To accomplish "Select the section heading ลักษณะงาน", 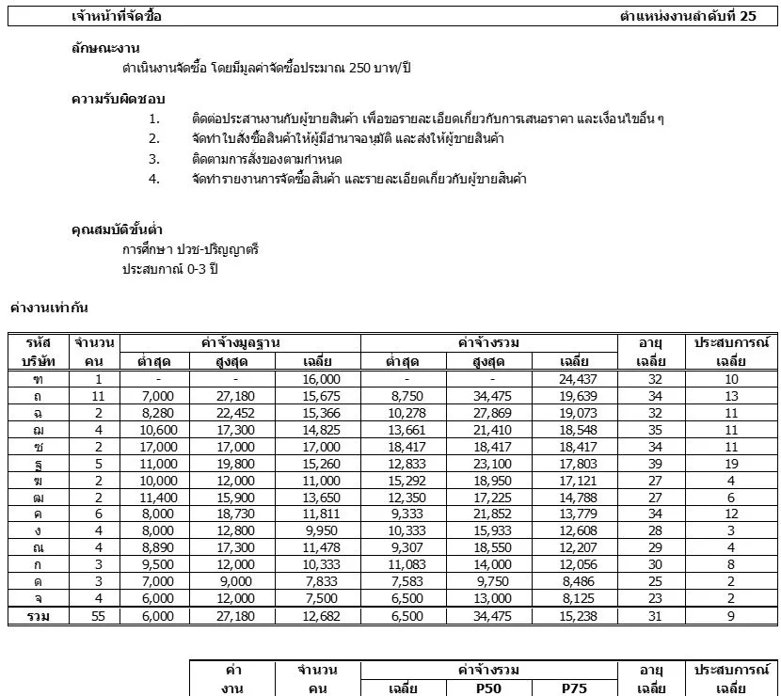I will (106, 48).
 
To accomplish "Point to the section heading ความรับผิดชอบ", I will (119, 99).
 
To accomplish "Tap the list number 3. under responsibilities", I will (154, 159).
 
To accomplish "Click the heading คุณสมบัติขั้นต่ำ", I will (117, 230).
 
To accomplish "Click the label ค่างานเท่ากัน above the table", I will (49, 308).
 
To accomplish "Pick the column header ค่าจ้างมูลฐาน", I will (241, 343).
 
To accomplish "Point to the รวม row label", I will (39, 616).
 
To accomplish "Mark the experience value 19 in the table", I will (731, 464).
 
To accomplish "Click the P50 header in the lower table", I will (493, 688).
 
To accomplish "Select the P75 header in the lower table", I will (574, 688).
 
